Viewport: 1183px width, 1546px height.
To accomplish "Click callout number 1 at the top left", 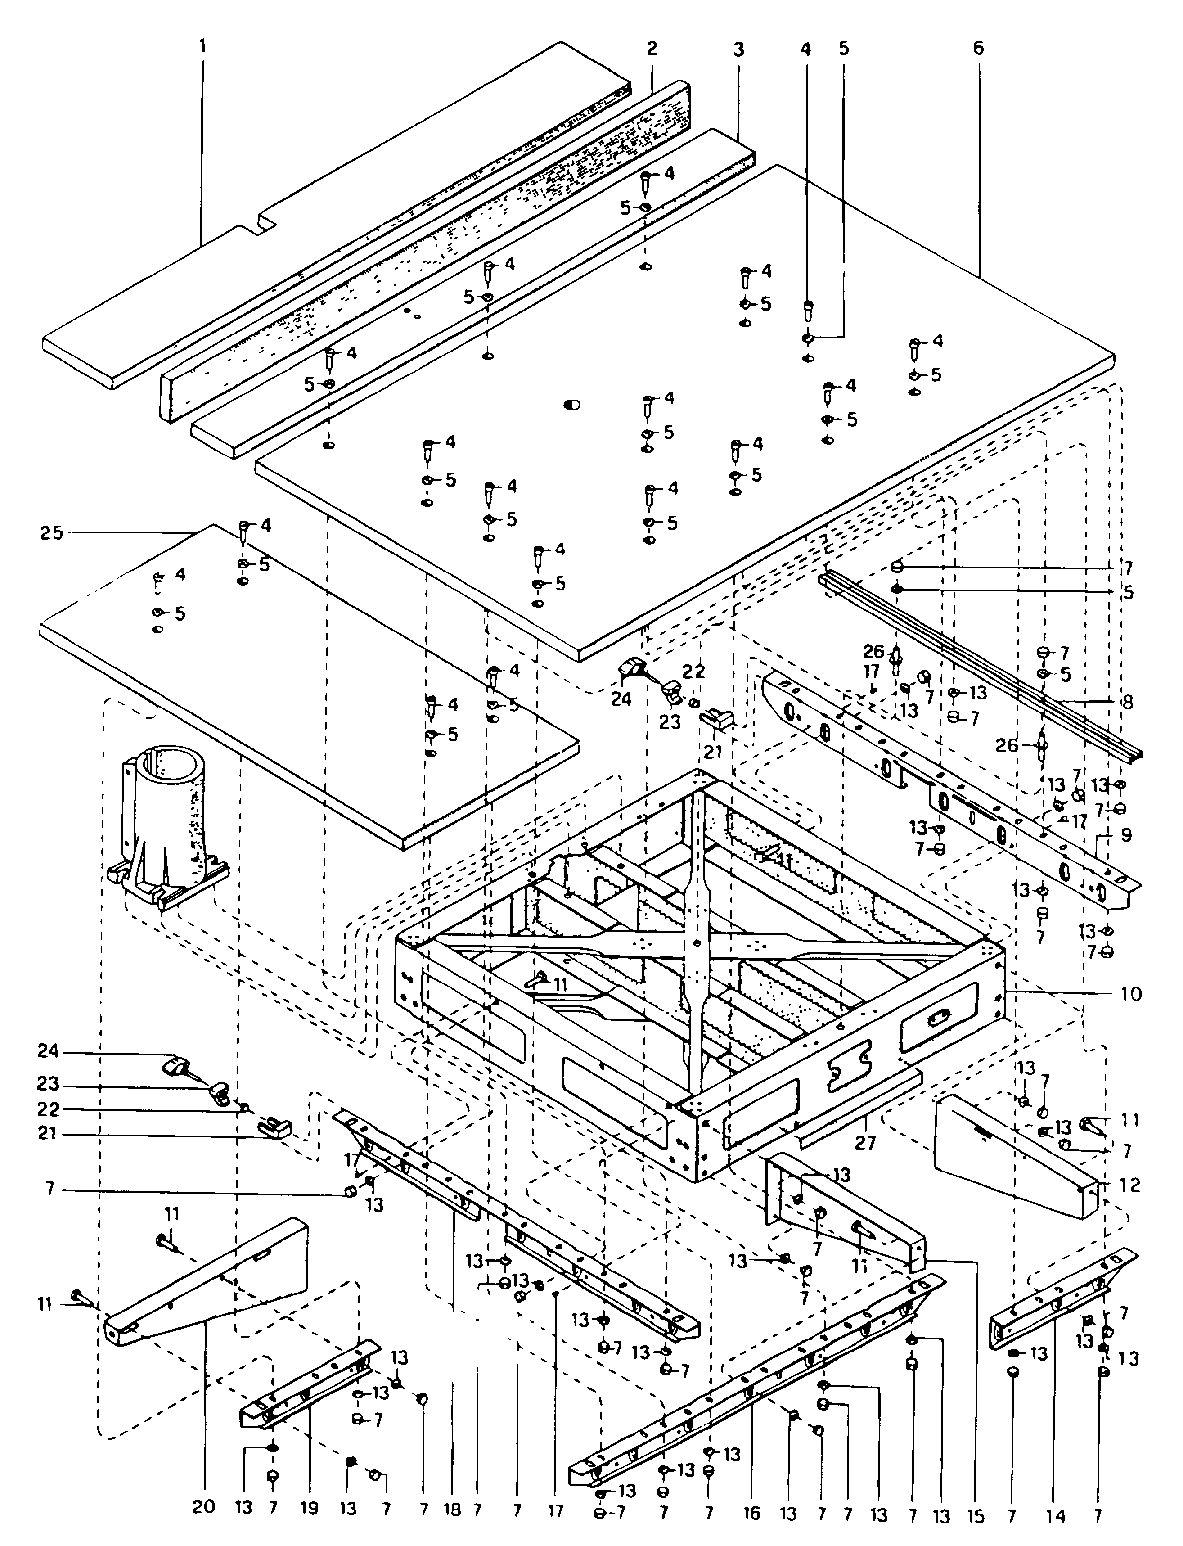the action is click(203, 48).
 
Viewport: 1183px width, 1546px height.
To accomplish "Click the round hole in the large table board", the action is click(572, 405).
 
